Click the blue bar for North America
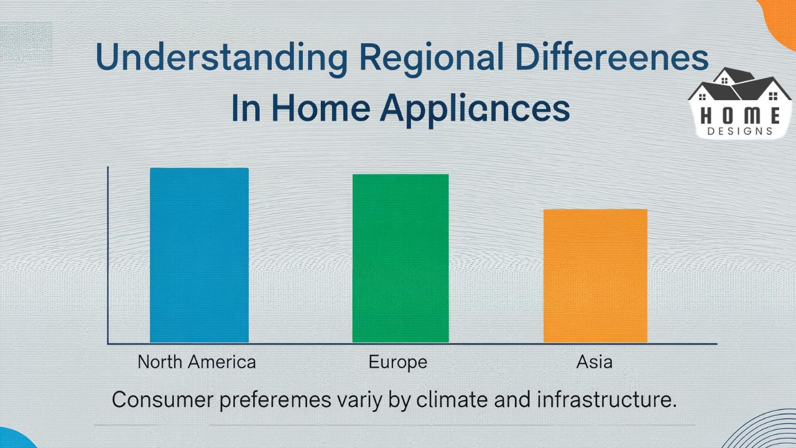coord(199,255)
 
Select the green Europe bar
coord(400,258)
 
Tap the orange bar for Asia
coord(595,276)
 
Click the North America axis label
coord(197,362)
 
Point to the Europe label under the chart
coord(398,362)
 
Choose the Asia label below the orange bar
coord(595,362)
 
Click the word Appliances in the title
coord(475,109)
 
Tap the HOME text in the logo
coord(740,115)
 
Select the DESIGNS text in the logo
coord(740,131)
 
